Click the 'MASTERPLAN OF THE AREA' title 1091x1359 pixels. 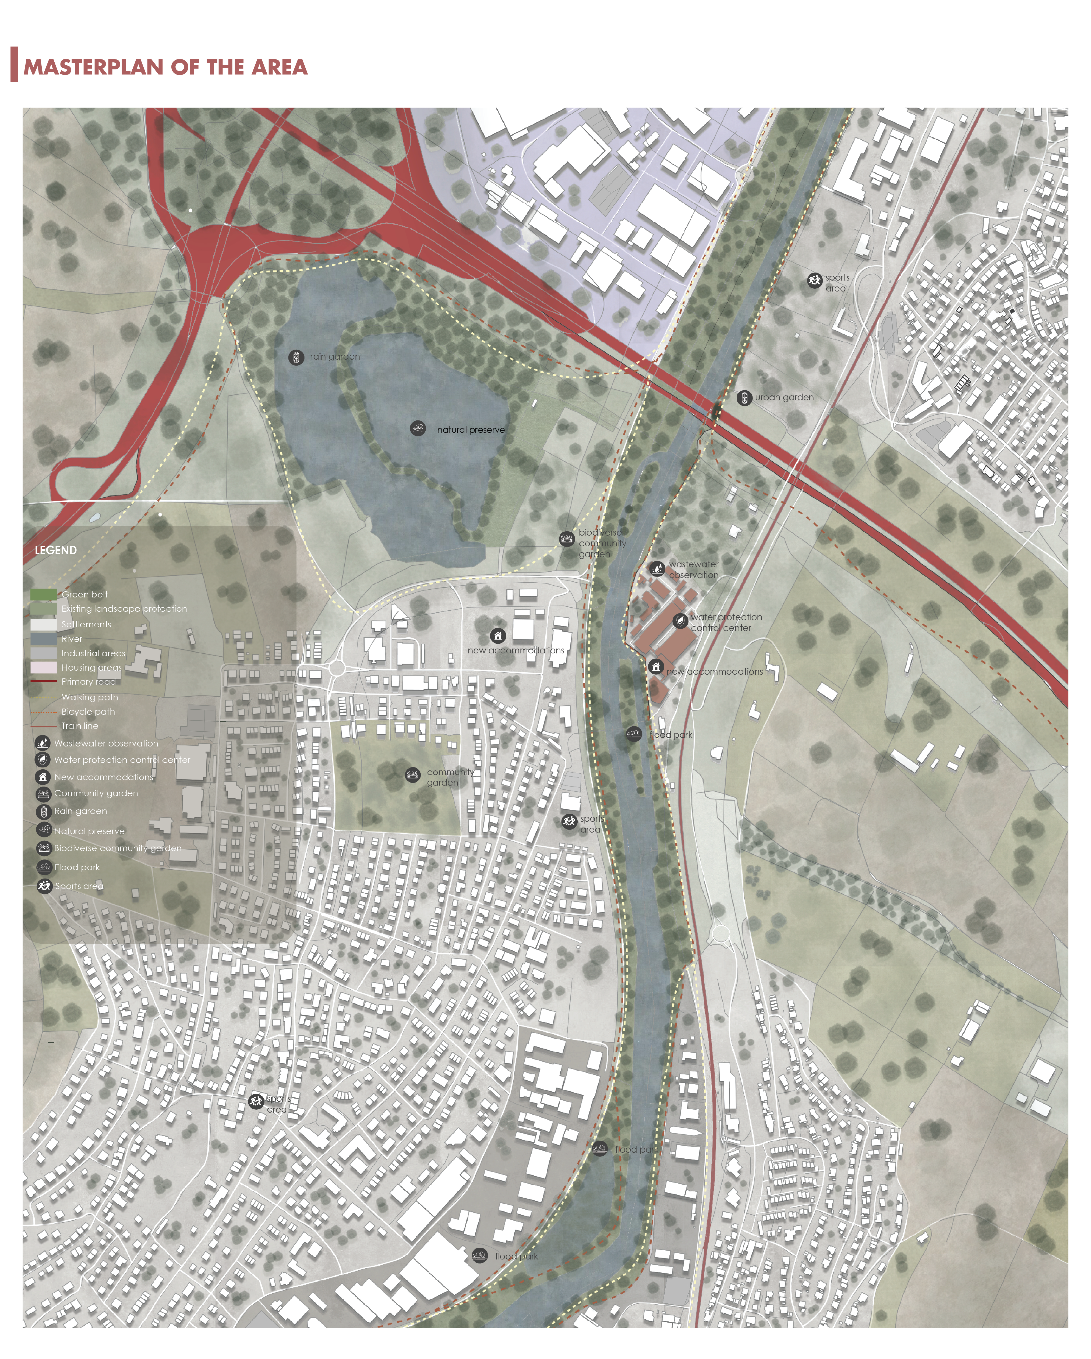tap(165, 67)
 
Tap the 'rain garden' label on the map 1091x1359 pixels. tap(335, 357)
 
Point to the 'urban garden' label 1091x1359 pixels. tap(784, 398)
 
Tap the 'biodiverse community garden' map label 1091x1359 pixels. tap(601, 543)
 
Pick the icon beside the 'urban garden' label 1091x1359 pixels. tap(744, 398)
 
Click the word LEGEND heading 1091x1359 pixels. tap(55, 550)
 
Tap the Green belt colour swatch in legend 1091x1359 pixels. tap(44, 594)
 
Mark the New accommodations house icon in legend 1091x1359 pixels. tap(43, 777)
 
